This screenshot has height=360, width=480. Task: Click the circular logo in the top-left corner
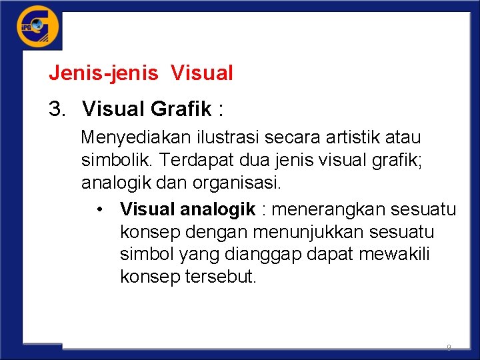tap(37, 27)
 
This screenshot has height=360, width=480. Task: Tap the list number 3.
tap(57, 107)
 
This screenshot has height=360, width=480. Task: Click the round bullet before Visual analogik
tap(99, 210)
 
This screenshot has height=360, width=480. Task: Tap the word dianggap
tap(255, 255)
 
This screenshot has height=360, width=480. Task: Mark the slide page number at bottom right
tap(449, 347)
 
